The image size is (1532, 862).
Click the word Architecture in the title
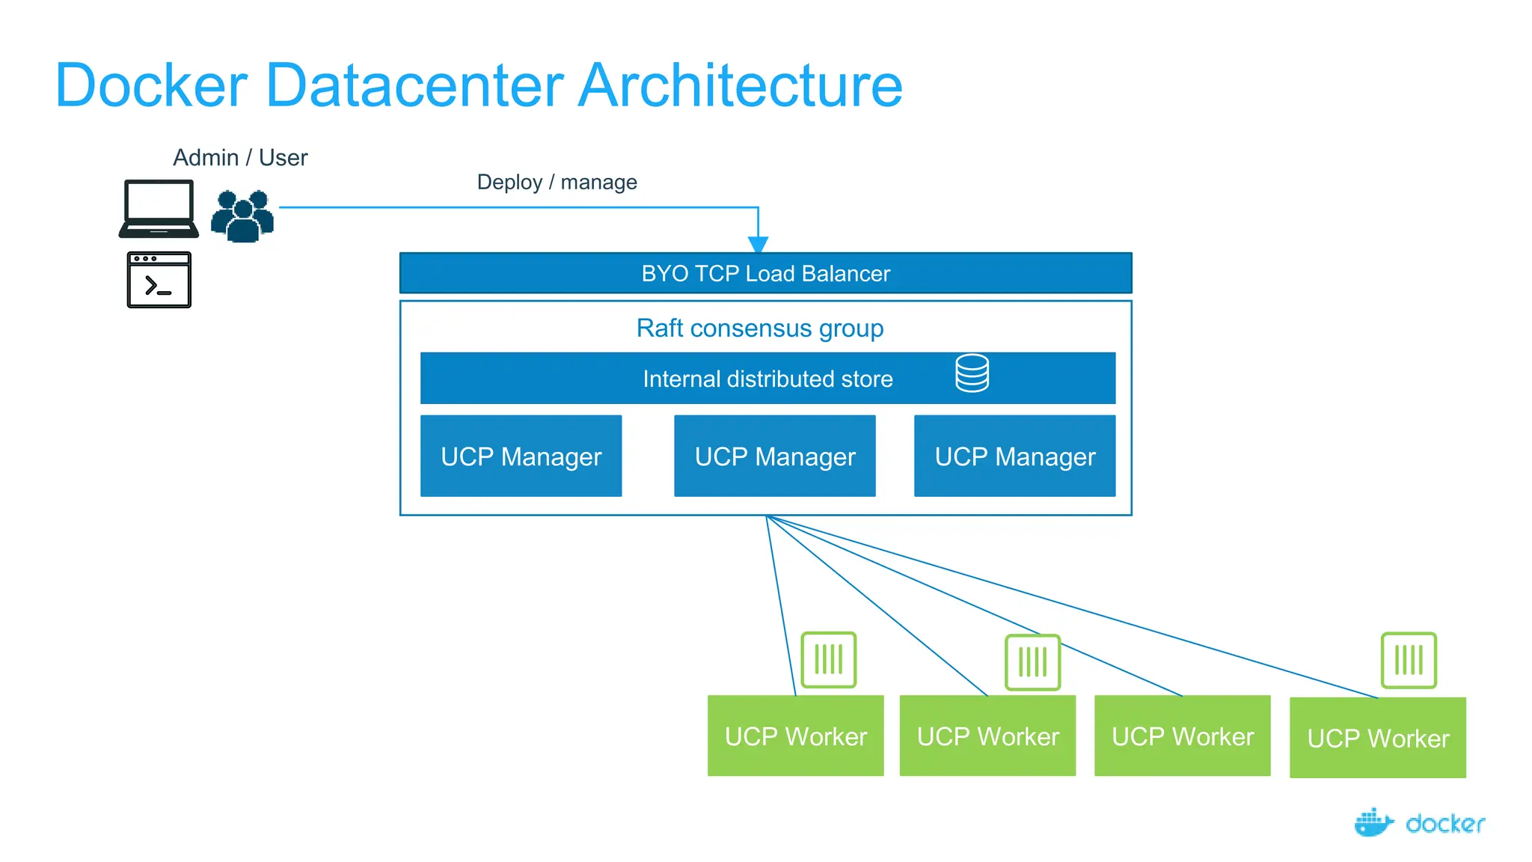point(740,86)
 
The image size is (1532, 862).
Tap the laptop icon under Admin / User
point(159,209)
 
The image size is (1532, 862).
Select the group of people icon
point(242,216)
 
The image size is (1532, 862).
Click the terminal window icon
point(159,280)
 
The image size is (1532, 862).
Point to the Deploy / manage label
point(557,183)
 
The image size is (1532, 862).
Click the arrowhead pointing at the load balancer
point(758,245)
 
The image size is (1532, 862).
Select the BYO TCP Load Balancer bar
point(765,273)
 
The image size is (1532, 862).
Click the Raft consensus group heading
point(759,328)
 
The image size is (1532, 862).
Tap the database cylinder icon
point(972,373)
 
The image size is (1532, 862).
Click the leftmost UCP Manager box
point(521,456)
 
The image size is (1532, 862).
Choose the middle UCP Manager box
point(774,456)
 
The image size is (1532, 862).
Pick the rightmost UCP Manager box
point(1014,456)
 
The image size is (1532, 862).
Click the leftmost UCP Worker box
point(795,736)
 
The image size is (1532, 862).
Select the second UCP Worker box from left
point(987,736)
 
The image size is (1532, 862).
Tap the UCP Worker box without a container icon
point(1182,736)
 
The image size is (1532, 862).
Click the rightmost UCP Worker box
point(1377,739)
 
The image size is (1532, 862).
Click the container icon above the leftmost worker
point(828,660)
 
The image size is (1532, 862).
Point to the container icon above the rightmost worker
point(1409,660)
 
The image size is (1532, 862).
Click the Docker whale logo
point(1373,822)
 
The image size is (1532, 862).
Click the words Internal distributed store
point(767,379)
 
